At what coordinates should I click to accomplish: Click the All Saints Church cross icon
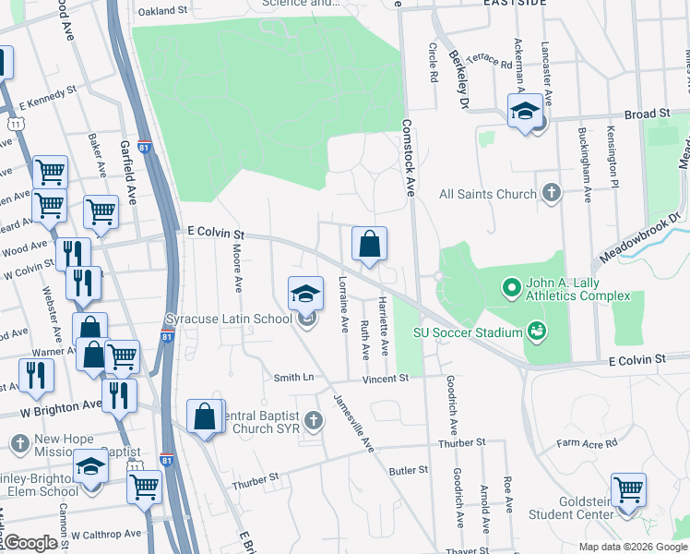click(x=551, y=194)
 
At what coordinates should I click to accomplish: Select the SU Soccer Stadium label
click(x=468, y=331)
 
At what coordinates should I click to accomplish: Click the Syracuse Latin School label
click(x=228, y=319)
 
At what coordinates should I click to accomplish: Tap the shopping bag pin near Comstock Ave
click(x=369, y=246)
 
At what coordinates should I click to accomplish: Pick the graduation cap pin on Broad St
click(x=525, y=113)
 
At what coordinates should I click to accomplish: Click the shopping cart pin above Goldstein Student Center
click(x=628, y=490)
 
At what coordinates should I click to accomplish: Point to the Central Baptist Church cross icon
click(x=314, y=421)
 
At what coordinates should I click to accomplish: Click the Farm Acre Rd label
click(x=586, y=444)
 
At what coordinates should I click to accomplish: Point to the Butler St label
click(x=409, y=470)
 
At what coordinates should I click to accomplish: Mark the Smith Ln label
click(x=293, y=378)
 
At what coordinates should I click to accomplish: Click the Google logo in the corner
click(x=30, y=543)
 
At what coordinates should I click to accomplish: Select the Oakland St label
click(x=162, y=12)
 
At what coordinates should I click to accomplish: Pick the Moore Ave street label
click(x=237, y=270)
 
